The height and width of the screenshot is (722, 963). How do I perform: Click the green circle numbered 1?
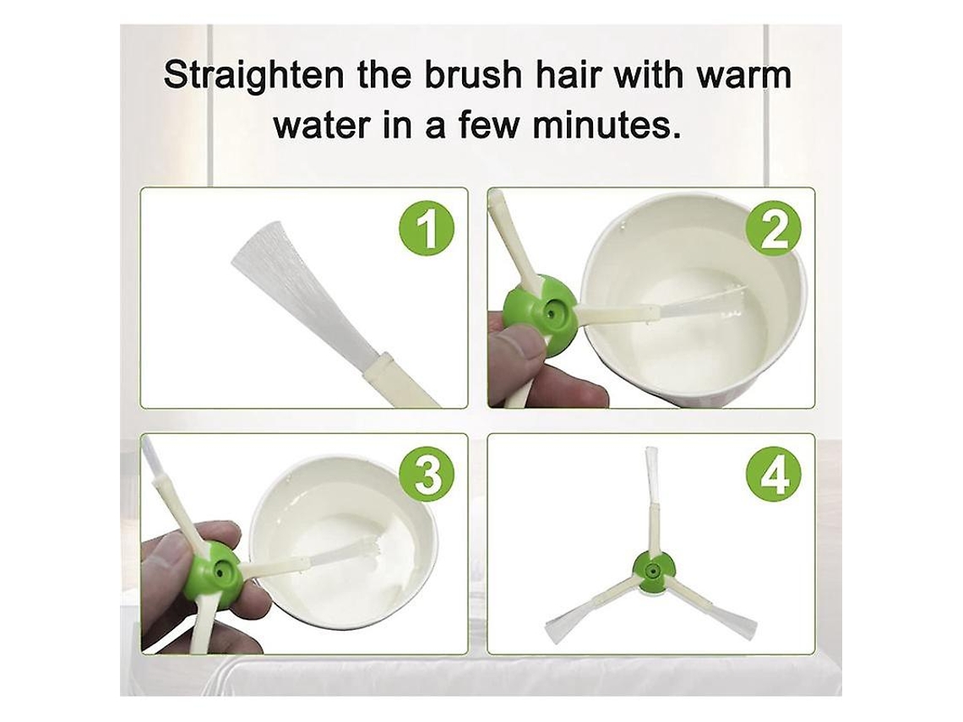[x=428, y=231]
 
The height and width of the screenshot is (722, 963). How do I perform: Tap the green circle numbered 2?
[x=773, y=231]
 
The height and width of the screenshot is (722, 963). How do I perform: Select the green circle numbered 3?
[x=428, y=476]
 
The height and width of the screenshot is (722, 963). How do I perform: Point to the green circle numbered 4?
[x=773, y=476]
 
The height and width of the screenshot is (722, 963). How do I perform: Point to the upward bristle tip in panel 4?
[x=651, y=451]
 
